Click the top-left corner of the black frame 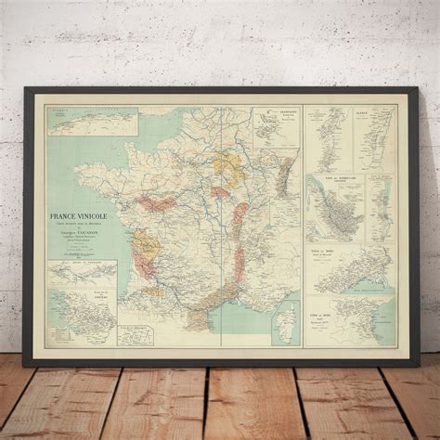point(36,91)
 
